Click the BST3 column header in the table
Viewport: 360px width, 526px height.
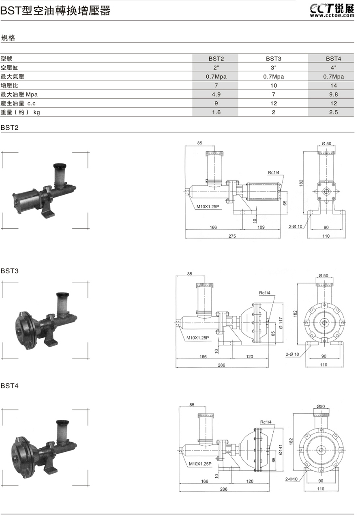(x=273, y=59)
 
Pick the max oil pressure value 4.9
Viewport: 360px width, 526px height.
(x=216, y=94)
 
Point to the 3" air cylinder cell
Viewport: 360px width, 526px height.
(x=273, y=68)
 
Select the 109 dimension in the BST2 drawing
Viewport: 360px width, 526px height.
(x=261, y=228)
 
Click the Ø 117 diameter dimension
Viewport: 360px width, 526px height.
(x=281, y=323)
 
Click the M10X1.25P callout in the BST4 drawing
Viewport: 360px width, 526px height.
(x=199, y=463)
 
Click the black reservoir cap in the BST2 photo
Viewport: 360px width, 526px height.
(x=60, y=167)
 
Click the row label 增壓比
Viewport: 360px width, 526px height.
(x=9, y=86)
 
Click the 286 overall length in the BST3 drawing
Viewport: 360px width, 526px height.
(x=221, y=365)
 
